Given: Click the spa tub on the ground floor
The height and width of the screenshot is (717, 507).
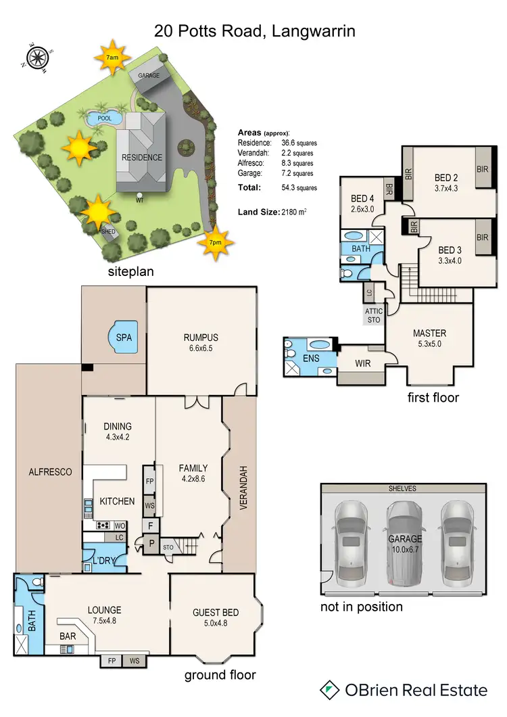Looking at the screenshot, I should pyautogui.click(x=124, y=336).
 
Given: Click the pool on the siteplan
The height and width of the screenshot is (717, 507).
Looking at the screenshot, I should pyautogui.click(x=104, y=118).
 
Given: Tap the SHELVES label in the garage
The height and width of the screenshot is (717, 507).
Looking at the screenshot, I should pyautogui.click(x=403, y=488).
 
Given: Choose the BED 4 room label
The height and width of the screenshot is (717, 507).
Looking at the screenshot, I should pyautogui.click(x=362, y=198).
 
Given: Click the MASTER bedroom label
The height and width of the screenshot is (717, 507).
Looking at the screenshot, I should pyautogui.click(x=429, y=333).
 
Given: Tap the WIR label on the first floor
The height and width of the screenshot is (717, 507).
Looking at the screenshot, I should pyautogui.click(x=362, y=363).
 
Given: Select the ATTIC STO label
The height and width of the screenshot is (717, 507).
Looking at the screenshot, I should pyautogui.click(x=373, y=315).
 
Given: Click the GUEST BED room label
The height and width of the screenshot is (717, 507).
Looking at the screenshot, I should pyautogui.click(x=212, y=614).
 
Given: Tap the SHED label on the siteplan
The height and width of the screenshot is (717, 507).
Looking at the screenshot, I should pyautogui.click(x=108, y=231).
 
